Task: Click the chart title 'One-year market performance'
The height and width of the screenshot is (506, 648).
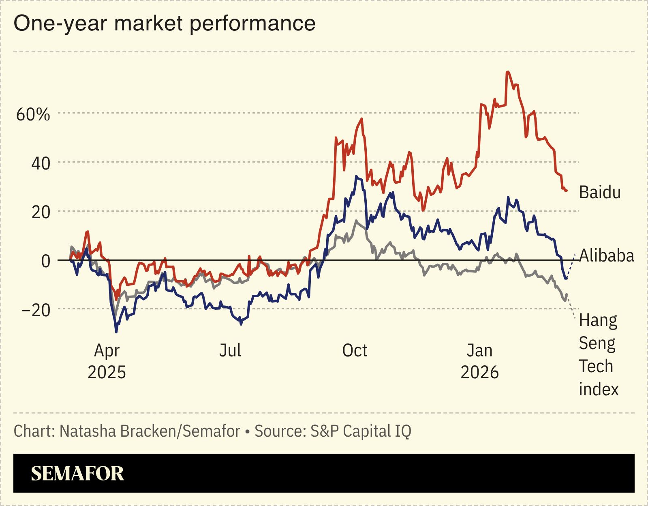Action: click(x=165, y=24)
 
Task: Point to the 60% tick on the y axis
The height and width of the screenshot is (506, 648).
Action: click(x=33, y=114)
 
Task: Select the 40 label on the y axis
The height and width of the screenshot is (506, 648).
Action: click(x=41, y=163)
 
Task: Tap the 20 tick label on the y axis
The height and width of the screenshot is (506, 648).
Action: click(x=41, y=212)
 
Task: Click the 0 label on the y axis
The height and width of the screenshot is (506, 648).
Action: click(x=46, y=261)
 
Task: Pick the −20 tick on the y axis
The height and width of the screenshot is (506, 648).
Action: click(x=36, y=310)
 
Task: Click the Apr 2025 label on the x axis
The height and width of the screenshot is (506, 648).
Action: click(x=107, y=361)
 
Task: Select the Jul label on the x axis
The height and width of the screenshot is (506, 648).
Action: click(x=230, y=350)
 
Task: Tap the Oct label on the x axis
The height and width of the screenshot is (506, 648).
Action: click(x=355, y=350)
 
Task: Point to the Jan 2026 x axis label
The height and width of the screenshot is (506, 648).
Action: click(x=479, y=361)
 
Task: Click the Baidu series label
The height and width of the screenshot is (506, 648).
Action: click(x=599, y=192)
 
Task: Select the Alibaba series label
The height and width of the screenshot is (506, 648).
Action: click(x=606, y=256)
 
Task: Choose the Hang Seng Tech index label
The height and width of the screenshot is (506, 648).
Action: click(x=598, y=355)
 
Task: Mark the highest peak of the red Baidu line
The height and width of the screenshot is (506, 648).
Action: click(x=507, y=72)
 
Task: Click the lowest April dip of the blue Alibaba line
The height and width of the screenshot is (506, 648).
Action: click(x=117, y=332)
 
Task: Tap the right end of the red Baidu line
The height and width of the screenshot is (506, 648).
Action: click(x=566, y=191)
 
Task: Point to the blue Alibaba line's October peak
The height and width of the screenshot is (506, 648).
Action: click(x=356, y=176)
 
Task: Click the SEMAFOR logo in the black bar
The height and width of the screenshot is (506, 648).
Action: click(x=77, y=473)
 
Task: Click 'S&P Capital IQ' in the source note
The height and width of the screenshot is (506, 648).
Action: click(x=361, y=431)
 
